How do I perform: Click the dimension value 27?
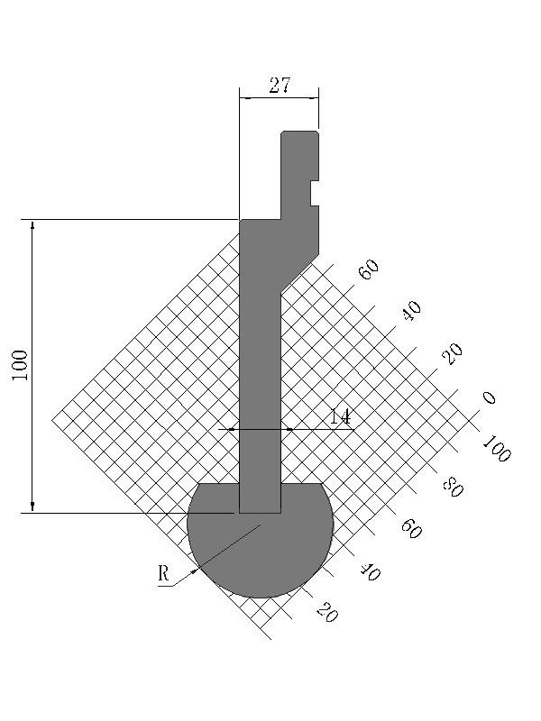pos(280,85)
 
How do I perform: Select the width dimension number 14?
pos(340,416)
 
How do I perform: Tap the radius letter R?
pos(163,573)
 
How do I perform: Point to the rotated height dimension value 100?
pos(20,365)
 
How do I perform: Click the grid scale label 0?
pos(489,397)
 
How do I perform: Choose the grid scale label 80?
pos(453,487)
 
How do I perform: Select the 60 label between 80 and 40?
pos(411,528)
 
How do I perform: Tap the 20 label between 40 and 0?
pos(453,353)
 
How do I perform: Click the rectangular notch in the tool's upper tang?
pos(315,193)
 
